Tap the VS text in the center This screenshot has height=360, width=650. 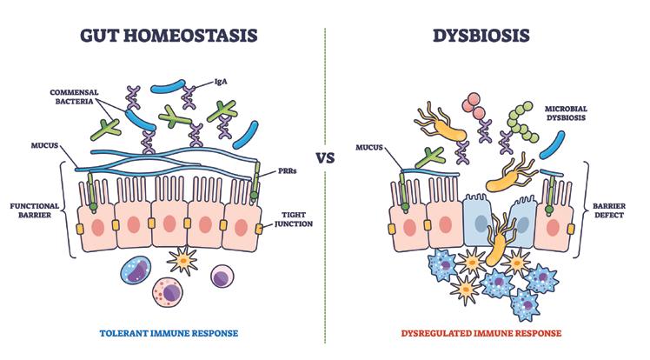pyautogui.click(x=325, y=159)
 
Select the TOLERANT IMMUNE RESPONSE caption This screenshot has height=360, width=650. pyautogui.click(x=162, y=333)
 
